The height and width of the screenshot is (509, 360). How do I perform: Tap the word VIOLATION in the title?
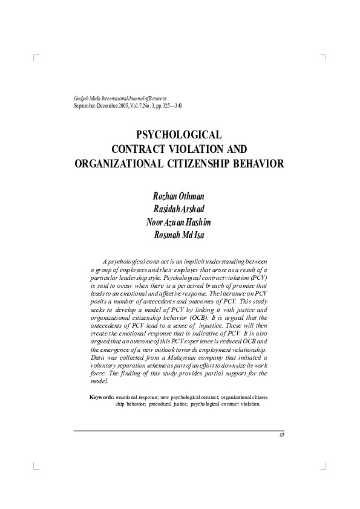point(201,149)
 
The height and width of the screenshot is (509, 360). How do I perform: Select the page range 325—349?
point(171,105)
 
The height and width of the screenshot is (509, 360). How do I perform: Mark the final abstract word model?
point(99,381)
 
